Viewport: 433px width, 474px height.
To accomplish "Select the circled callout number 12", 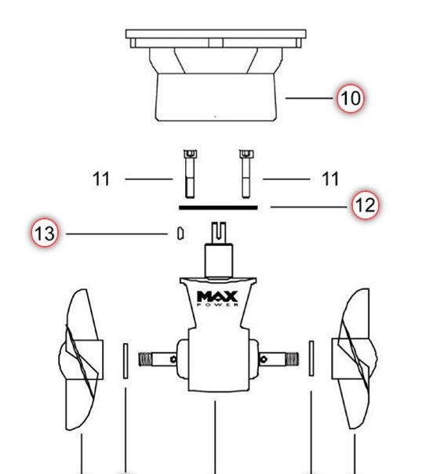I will [364, 206].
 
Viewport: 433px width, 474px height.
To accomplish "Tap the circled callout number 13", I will [45, 233].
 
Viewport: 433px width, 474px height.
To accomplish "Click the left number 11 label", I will [101, 179].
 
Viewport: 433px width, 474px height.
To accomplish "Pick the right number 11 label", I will [330, 179].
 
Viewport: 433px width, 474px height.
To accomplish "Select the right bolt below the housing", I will [245, 172].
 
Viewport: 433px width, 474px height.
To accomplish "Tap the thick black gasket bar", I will [218, 208].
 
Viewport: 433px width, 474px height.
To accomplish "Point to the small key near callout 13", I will [180, 233].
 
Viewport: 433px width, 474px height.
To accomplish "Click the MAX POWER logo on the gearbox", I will [216, 299].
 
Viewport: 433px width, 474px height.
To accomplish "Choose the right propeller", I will [352, 361].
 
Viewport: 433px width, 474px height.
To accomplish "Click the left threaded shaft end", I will [151, 360].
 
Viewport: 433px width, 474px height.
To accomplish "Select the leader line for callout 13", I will [118, 233].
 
